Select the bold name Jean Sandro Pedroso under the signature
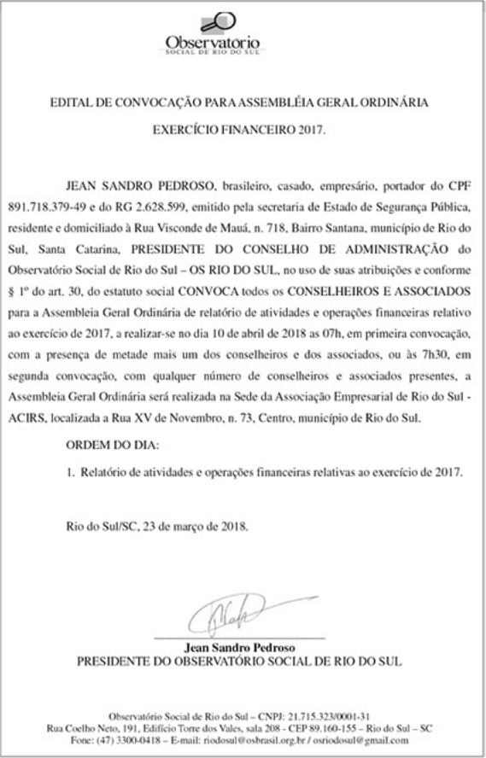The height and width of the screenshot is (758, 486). click(x=243, y=648)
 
